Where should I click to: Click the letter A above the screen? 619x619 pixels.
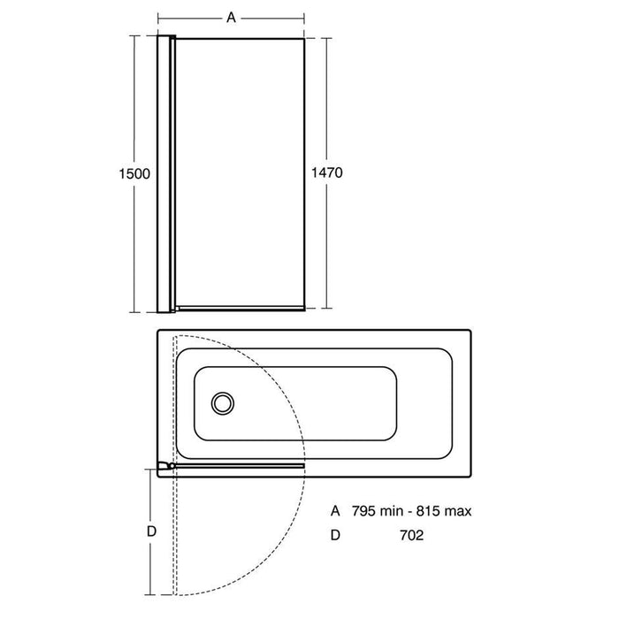pyautogui.click(x=231, y=18)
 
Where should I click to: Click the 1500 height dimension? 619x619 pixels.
pyautogui.click(x=134, y=173)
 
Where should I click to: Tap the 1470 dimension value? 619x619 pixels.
pyautogui.click(x=327, y=172)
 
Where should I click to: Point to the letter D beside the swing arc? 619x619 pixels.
pyautogui.click(x=151, y=531)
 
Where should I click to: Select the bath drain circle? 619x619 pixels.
pyautogui.click(x=223, y=403)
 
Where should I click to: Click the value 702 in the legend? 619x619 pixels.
pyautogui.click(x=412, y=535)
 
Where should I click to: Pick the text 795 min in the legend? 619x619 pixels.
pyautogui.click(x=376, y=511)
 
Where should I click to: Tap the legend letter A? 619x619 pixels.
pyautogui.click(x=335, y=511)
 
